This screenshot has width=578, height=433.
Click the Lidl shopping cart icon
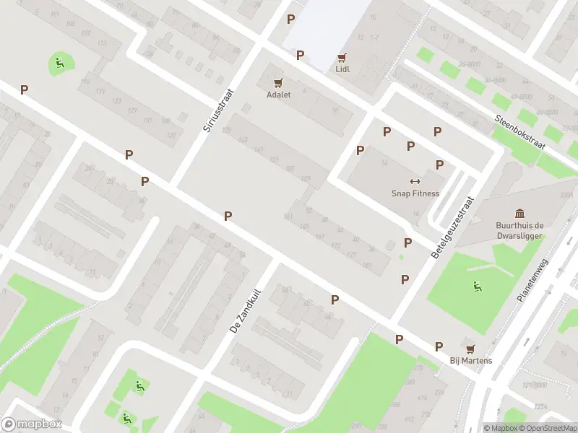pyautogui.click(x=342, y=57)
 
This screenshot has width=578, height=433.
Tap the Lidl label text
pyautogui.click(x=342, y=69)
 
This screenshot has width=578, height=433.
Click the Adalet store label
pyautogui.click(x=278, y=95)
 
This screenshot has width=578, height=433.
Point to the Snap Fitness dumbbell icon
pyautogui.click(x=415, y=181)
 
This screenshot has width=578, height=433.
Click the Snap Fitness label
pyautogui.click(x=415, y=193)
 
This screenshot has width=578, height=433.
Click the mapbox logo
pyautogui.click(x=32, y=424)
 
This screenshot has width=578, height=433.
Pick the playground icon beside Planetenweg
pyautogui.click(x=476, y=287)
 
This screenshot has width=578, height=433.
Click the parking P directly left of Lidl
pyautogui.click(x=300, y=55)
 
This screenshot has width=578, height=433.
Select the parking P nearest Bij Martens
pyautogui.click(x=439, y=346)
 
